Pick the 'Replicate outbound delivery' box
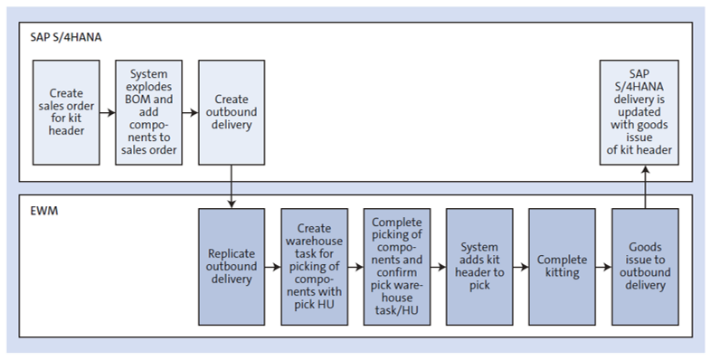(x=232, y=268)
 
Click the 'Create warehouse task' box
(x=314, y=268)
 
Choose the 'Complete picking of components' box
(x=396, y=268)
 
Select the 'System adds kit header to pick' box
(x=479, y=268)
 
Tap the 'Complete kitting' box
(x=562, y=268)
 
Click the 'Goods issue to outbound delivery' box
(x=644, y=268)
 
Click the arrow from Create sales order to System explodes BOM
(x=108, y=113)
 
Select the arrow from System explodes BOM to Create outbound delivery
(x=190, y=113)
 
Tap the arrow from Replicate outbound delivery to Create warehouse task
(x=272, y=268)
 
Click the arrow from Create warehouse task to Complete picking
(x=355, y=268)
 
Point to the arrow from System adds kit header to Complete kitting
(x=520, y=268)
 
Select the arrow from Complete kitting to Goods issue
(x=602, y=268)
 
